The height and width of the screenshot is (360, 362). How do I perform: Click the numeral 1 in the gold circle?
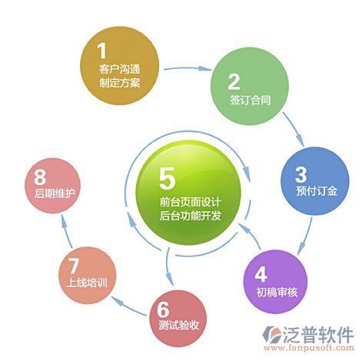point(101,51)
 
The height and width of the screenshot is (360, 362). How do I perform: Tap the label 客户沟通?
point(120,69)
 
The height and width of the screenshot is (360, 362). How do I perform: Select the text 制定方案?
point(120,83)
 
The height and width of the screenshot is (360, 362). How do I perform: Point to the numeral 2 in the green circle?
point(234,82)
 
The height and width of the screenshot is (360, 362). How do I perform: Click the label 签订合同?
point(251,100)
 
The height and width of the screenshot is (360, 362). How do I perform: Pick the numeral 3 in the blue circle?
point(301,174)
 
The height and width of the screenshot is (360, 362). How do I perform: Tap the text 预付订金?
point(317,191)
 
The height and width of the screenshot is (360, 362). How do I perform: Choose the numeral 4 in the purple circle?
point(261,274)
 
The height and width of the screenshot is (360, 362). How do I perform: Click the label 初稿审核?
point(277,292)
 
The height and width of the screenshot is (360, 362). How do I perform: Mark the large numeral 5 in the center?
point(168,178)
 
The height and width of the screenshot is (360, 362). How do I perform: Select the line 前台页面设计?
point(191,202)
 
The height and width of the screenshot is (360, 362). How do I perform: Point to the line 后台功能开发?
point(191,216)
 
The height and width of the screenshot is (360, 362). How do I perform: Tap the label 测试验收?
point(179,325)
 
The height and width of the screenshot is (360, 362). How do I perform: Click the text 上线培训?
point(87,282)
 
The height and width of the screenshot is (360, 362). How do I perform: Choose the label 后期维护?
point(55,193)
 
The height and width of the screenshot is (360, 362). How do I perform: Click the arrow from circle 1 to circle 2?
point(188,68)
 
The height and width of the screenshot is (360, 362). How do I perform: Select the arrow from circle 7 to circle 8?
point(66,231)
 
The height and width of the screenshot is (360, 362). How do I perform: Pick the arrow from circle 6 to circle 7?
point(128,306)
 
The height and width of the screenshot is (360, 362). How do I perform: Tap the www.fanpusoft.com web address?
point(309,348)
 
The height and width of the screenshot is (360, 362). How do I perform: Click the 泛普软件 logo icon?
point(272,335)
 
